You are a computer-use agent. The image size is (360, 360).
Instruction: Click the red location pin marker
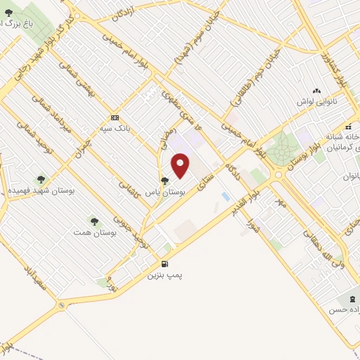pyautogui.click(x=181, y=166)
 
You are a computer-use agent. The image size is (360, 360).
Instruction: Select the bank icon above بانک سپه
pyautogui.click(x=114, y=117)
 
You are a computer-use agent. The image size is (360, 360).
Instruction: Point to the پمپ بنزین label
pyautogui.click(x=164, y=276)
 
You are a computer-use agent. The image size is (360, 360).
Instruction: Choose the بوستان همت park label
pyautogui.click(x=89, y=232)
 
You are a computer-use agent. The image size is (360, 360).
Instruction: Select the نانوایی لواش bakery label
pyautogui.click(x=315, y=102)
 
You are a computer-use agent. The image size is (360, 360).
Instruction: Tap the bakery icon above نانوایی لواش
pyautogui.click(x=316, y=91)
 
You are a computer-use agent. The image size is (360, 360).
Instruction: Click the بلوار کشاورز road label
pyautogui.click(x=334, y=70)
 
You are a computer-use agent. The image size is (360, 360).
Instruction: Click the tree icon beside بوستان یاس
pyautogui.click(x=165, y=181)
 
